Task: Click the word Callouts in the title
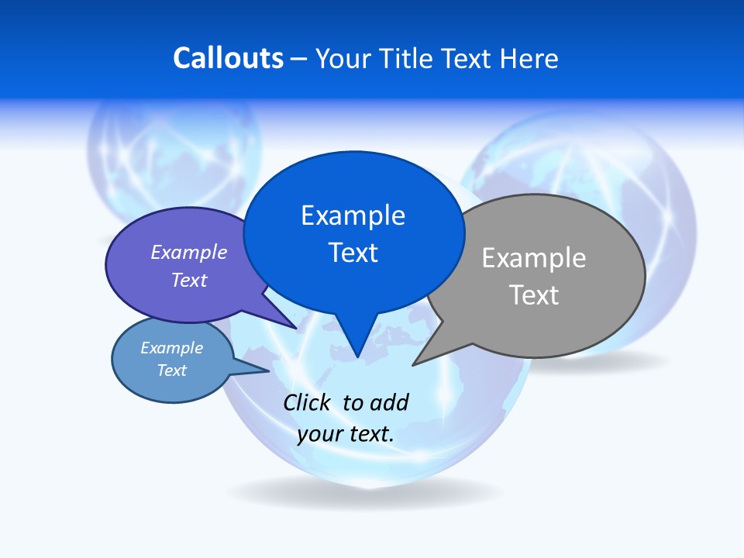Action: click(x=228, y=58)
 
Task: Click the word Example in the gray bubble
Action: click(x=534, y=258)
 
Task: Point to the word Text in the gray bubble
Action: click(x=534, y=295)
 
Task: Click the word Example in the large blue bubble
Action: click(x=353, y=215)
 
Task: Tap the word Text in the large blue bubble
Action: click(x=353, y=253)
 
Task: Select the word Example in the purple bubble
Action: click(x=189, y=252)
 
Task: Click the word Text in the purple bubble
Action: click(x=189, y=280)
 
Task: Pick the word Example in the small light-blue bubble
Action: click(x=172, y=348)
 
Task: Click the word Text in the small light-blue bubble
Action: click(x=172, y=370)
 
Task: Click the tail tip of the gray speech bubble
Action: click(x=414, y=364)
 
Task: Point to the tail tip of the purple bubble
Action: click(x=296, y=329)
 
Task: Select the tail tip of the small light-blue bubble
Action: click(x=268, y=371)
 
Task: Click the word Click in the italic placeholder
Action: click(x=307, y=402)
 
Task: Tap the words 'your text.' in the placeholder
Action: click(x=346, y=434)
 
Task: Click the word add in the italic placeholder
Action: click(x=389, y=402)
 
